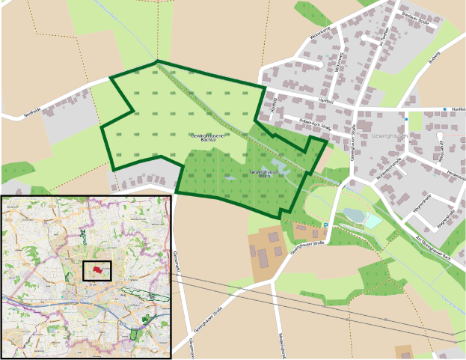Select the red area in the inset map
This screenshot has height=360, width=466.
96,268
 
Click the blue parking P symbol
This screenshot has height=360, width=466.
325,225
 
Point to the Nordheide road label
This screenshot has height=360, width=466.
32,112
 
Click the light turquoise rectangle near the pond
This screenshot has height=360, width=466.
372,221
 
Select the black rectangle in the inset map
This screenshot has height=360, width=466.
96,270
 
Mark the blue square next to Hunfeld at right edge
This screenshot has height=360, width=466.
444,110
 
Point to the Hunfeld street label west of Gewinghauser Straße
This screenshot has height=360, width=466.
325,100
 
